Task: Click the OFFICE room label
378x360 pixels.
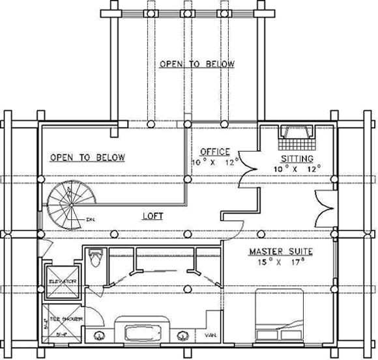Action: point(214,152)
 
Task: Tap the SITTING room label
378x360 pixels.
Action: point(297,158)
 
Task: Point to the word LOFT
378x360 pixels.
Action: point(153,215)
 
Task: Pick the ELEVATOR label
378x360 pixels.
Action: point(61,281)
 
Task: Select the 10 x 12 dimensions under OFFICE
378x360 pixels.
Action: point(215,161)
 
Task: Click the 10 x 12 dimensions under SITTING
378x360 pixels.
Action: point(297,169)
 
